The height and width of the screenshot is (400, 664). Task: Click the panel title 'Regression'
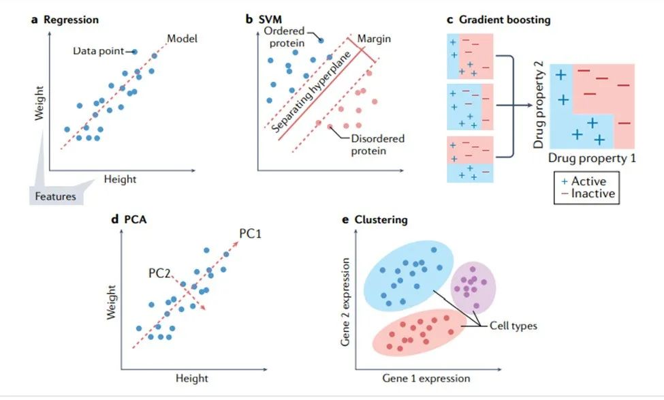pyautogui.click(x=71, y=20)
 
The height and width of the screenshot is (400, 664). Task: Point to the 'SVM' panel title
pyautogui.click(x=268, y=20)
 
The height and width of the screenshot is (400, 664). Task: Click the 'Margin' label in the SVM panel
pyautogui.click(x=374, y=39)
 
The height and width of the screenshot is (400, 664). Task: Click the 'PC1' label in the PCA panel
pyautogui.click(x=251, y=234)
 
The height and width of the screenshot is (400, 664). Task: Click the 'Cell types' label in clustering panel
pyautogui.click(x=513, y=326)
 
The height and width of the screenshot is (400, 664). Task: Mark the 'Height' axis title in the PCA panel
pyautogui.click(x=191, y=378)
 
